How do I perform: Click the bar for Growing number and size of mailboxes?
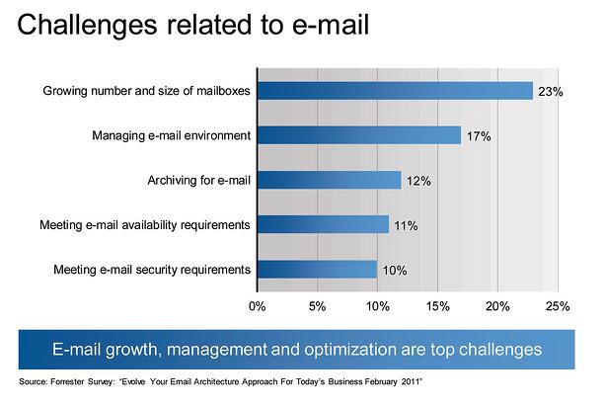pyautogui.click(x=395, y=91)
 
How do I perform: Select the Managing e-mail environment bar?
pyautogui.click(x=358, y=135)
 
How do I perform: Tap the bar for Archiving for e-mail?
pyautogui.click(x=329, y=180)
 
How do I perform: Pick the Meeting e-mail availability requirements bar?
pyautogui.click(x=323, y=224)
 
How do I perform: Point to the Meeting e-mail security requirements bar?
pyautogui.click(x=317, y=269)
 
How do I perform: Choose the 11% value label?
pyautogui.click(x=405, y=225)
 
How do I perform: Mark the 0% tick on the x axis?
pyautogui.click(x=257, y=306)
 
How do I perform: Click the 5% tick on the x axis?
pyautogui.click(x=317, y=306)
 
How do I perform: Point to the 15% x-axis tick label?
pyautogui.click(x=437, y=306)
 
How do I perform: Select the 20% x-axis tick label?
pyautogui.click(x=497, y=306)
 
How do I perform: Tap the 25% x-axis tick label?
pyautogui.click(x=558, y=306)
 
